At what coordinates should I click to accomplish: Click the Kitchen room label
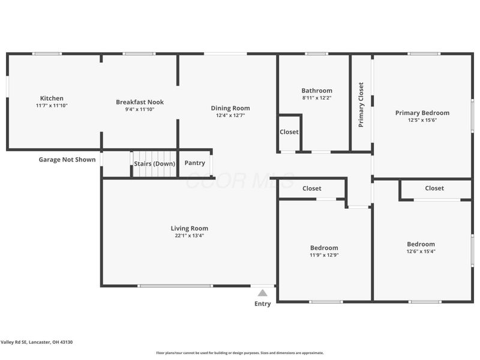(x=52, y=98)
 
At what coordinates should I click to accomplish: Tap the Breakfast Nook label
(x=140, y=102)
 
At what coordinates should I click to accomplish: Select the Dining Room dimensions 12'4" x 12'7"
(x=230, y=115)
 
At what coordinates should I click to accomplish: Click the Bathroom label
(x=317, y=91)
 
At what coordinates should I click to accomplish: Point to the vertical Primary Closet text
(x=361, y=105)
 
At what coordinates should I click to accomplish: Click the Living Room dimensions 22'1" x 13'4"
(x=189, y=236)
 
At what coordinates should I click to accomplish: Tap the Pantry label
(x=195, y=163)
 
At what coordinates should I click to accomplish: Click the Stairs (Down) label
(x=154, y=164)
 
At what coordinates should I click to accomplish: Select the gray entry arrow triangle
(x=262, y=293)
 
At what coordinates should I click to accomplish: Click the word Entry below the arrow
(x=262, y=304)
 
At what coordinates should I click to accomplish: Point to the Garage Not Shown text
(x=67, y=160)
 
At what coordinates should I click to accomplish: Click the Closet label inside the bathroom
(x=289, y=132)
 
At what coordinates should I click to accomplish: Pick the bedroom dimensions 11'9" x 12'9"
(x=324, y=255)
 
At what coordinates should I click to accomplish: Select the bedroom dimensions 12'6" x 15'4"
(x=421, y=251)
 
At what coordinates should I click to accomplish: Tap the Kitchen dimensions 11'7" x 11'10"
(x=52, y=106)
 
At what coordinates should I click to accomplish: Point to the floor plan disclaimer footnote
(x=240, y=353)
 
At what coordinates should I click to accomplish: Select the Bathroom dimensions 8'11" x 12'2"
(x=317, y=98)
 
